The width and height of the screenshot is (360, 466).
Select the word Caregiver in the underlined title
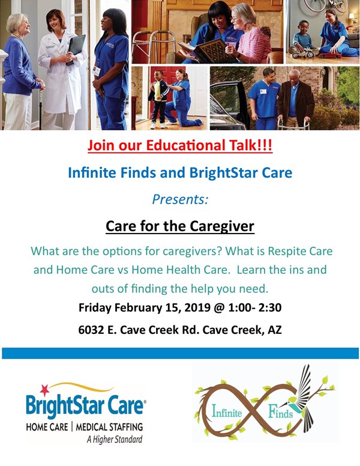pyautogui.click(x=222, y=226)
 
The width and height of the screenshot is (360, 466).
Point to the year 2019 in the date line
pyautogui.click(x=197, y=307)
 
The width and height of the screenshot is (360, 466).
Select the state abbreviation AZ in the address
pyautogui.click(x=275, y=330)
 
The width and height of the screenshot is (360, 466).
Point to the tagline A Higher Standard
pyautogui.click(x=115, y=439)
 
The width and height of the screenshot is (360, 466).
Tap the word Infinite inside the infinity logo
pyautogui.click(x=227, y=412)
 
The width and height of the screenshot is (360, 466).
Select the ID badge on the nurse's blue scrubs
pyautogui.click(x=96, y=71)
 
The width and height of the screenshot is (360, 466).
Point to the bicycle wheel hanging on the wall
pyautogui.click(x=314, y=5)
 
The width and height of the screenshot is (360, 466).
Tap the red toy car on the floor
pyautogui.click(x=330, y=55)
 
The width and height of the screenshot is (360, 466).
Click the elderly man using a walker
pyautogui.click(x=295, y=100)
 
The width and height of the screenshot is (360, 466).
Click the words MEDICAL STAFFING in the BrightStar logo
pyautogui.click(x=109, y=427)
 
